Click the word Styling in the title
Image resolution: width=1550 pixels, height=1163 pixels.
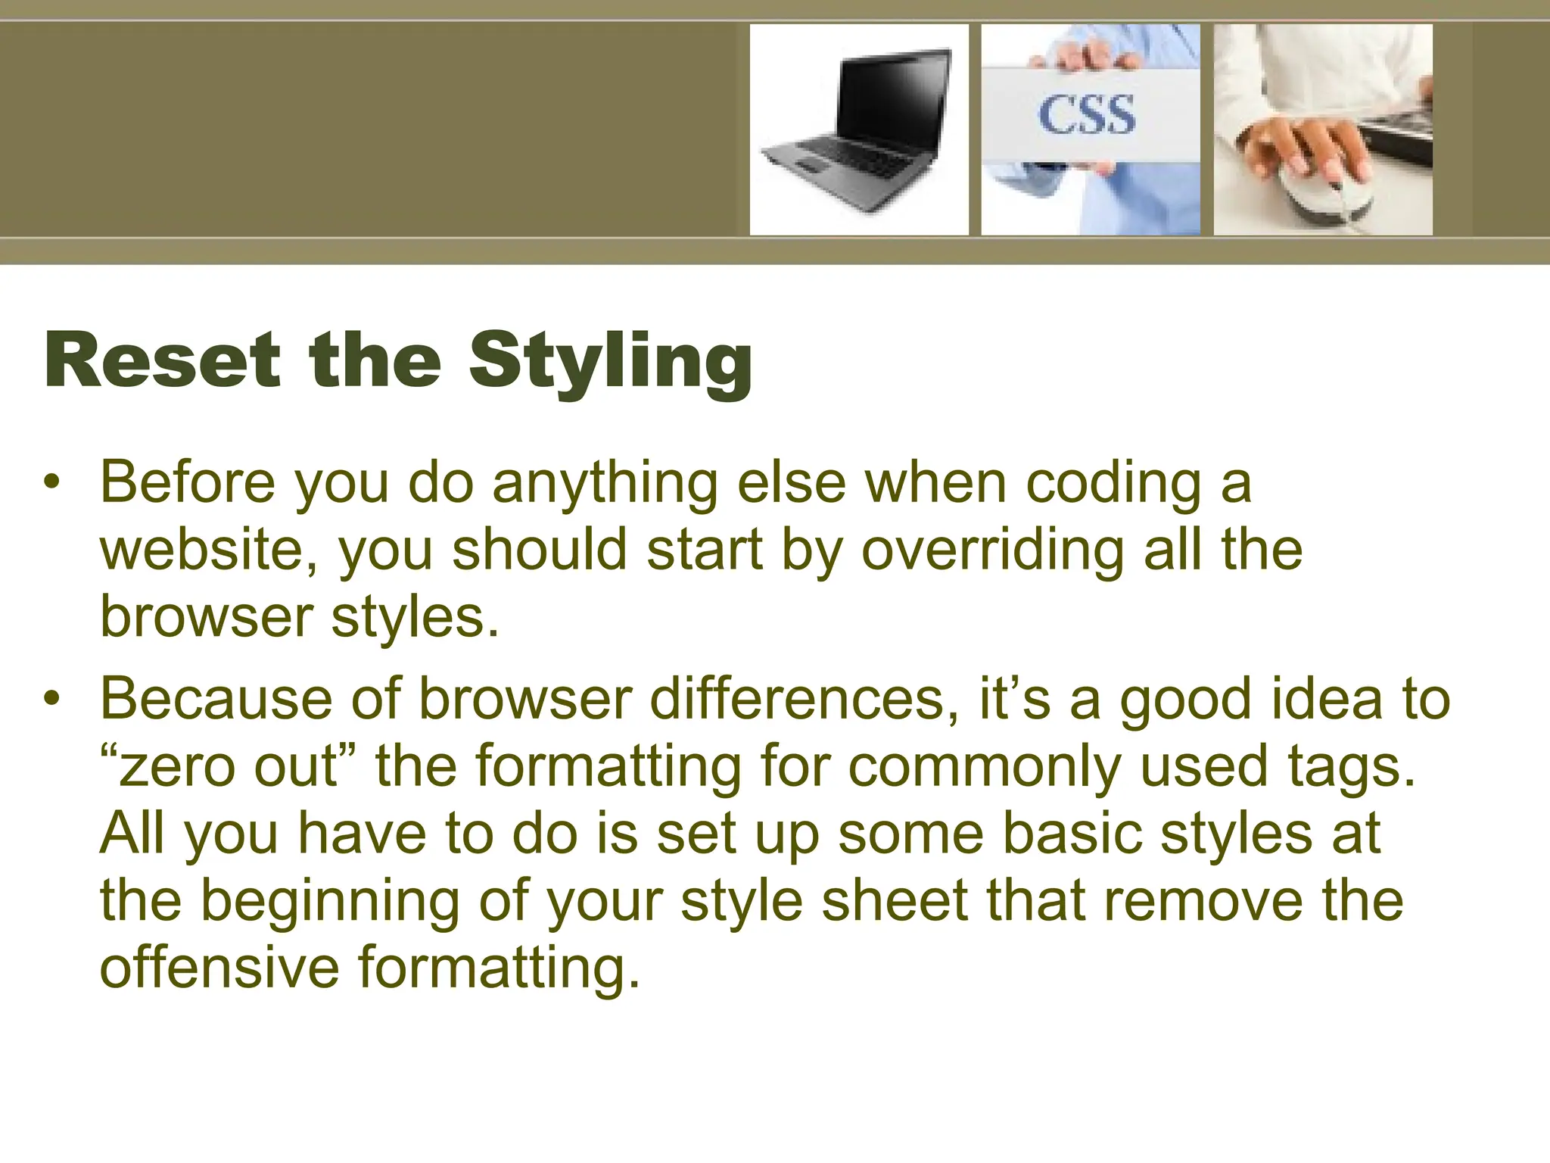[610, 361]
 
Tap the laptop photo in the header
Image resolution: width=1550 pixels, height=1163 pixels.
[858, 129]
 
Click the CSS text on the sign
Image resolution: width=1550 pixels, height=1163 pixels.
[1087, 115]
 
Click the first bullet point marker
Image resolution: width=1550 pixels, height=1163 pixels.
[51, 482]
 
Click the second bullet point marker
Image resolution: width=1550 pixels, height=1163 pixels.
[51, 699]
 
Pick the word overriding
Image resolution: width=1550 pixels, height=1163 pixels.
[992, 550]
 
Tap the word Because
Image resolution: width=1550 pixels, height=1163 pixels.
[216, 698]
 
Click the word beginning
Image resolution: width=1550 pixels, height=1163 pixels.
[329, 901]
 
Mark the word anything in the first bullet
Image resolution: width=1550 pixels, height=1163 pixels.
[605, 483]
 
